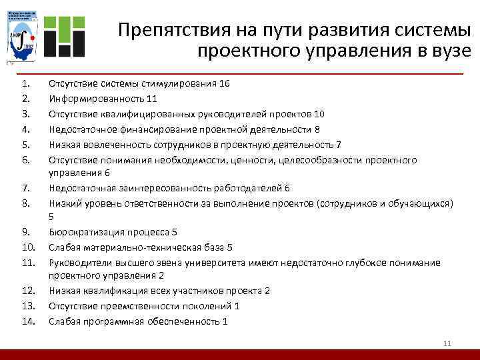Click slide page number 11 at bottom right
(x=447, y=343)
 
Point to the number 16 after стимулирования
(x=225, y=83)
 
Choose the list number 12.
(x=27, y=291)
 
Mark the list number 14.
(x=27, y=321)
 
